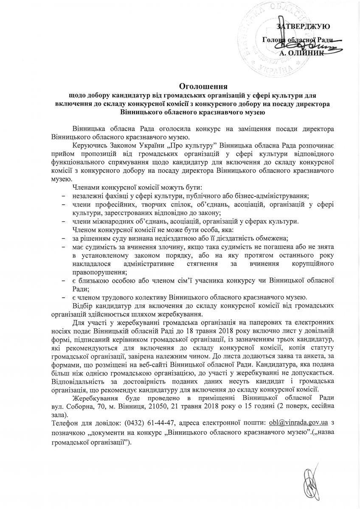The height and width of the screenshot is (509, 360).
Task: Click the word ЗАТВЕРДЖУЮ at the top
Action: (303, 26)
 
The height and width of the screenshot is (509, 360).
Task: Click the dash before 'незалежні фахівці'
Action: (63, 196)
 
